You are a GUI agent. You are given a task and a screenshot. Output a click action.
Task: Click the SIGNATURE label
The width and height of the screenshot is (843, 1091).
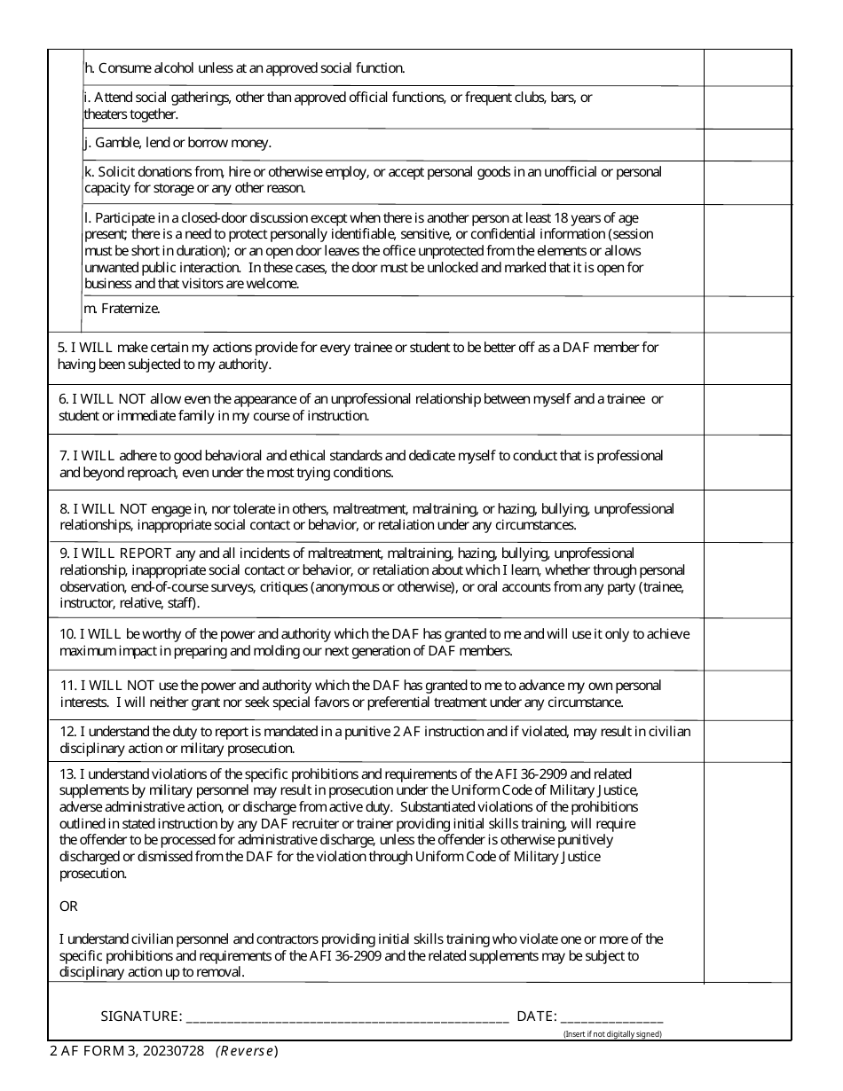[141, 1016]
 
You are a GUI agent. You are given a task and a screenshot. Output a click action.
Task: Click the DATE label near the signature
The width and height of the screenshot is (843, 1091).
[536, 1016]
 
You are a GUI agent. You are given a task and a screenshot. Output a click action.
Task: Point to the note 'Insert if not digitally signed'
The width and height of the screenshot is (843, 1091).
[613, 1034]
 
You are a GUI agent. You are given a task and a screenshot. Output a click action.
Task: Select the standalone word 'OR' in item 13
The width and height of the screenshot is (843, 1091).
[68, 907]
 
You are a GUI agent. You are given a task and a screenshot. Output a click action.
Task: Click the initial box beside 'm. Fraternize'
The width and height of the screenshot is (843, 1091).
[747, 314]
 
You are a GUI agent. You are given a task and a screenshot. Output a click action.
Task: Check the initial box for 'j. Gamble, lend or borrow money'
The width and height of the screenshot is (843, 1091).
[747, 145]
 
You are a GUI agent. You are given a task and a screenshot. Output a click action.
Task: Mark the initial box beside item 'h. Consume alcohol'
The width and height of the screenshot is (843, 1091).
[747, 67]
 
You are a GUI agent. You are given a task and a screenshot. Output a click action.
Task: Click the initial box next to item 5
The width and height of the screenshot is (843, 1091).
[747, 357]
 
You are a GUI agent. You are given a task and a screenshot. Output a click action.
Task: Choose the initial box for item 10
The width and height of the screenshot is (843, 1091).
[747, 643]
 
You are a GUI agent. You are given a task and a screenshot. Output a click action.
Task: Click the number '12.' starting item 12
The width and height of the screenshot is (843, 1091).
[68, 732]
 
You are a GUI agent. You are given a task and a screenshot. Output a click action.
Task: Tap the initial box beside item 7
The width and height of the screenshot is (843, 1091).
[747, 462]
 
